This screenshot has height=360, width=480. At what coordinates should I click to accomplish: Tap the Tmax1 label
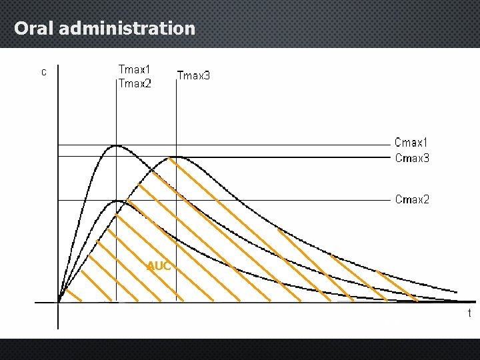tap(134, 69)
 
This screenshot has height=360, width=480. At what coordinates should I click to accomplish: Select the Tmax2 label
tap(134, 83)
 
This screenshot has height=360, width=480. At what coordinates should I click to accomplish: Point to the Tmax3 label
tap(193, 75)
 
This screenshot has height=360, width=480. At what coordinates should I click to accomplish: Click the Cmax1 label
tap(411, 142)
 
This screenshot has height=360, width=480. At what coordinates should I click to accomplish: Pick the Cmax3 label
tap(411, 158)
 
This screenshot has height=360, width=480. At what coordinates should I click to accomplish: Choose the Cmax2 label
tap(411, 199)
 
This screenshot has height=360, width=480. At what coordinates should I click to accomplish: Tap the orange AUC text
tap(159, 266)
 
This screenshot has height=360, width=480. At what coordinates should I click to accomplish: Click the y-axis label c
tap(43, 72)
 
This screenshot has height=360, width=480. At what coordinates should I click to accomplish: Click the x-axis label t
tap(469, 313)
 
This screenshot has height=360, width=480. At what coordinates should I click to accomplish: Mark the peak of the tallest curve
tap(117, 145)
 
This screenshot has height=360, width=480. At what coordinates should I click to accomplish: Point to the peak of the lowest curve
tap(117, 200)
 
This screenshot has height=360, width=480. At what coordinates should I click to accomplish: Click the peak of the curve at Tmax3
tap(175, 157)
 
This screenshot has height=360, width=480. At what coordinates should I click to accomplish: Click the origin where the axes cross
tap(59, 303)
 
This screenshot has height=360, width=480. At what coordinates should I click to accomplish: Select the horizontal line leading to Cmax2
tap(267, 200)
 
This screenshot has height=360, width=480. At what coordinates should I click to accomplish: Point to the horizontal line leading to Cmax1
tap(267, 145)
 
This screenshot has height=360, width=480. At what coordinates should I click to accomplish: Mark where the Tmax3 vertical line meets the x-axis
tap(175, 303)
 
